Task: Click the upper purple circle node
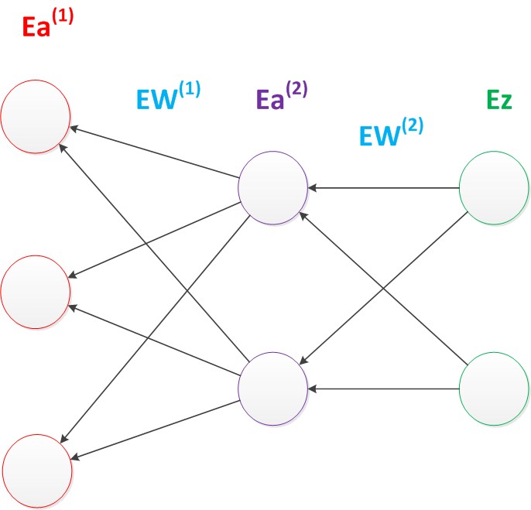[273, 187]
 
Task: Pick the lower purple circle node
[273, 385]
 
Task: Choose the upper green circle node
[493, 187]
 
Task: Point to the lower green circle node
[493, 385]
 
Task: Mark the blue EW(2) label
[392, 132]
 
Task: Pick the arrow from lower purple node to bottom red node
[155, 428]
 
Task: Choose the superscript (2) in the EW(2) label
[412, 124]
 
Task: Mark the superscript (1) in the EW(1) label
[189, 90]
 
